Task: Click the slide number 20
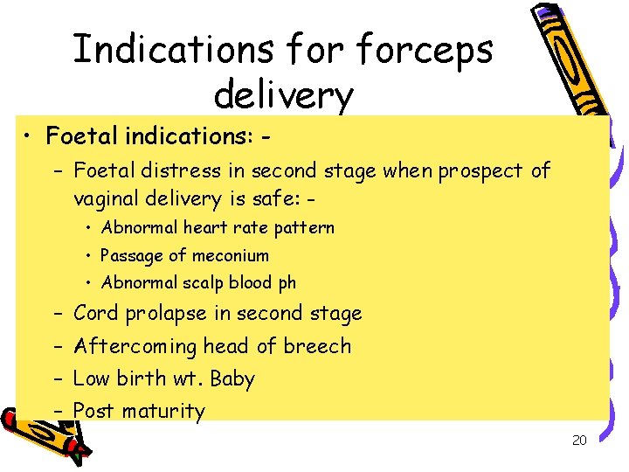[x=579, y=441]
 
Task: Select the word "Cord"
[x=97, y=313]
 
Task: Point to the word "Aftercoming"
[x=135, y=346]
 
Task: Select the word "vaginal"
[x=104, y=198]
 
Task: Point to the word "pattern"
[x=307, y=228]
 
